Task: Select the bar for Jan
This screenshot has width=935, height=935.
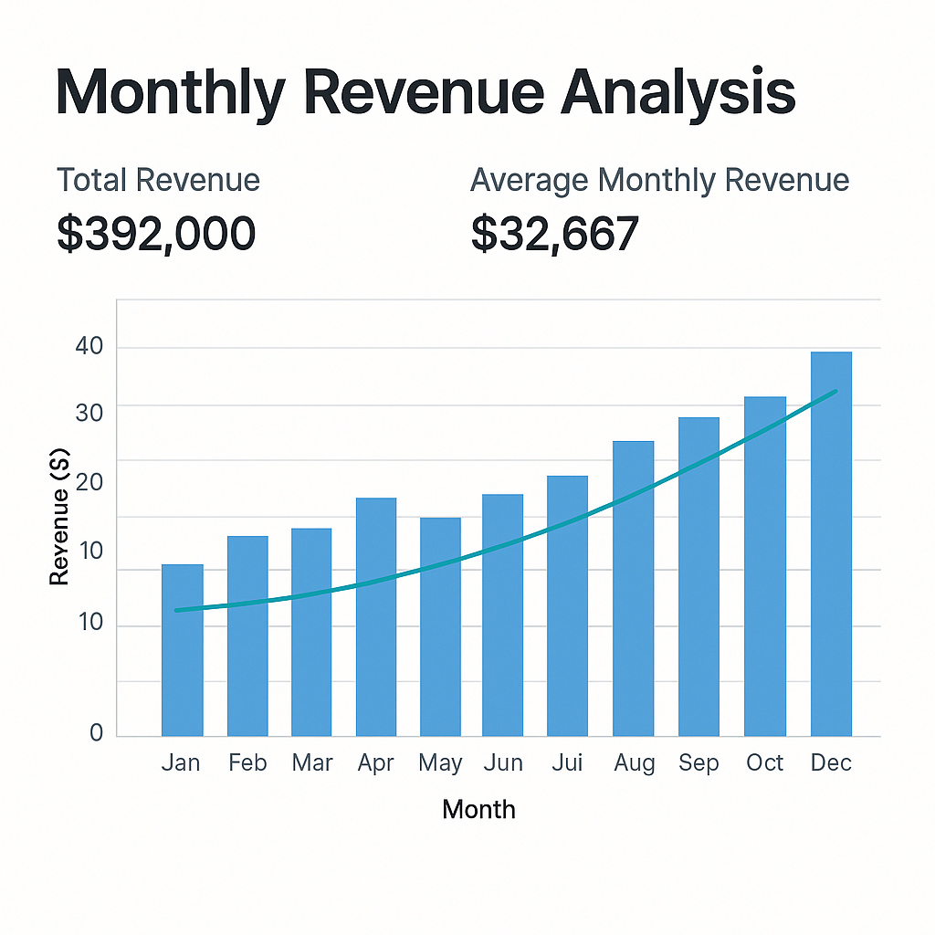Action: pyautogui.click(x=182, y=650)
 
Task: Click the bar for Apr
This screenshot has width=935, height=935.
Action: pyautogui.click(x=376, y=616)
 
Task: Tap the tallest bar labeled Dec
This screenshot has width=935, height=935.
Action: pyautogui.click(x=831, y=544)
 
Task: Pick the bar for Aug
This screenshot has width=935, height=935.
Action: pyautogui.click(x=633, y=589)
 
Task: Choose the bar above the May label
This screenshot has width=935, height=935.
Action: pyautogui.click(x=440, y=626)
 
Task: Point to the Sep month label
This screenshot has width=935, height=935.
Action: pyautogui.click(x=699, y=762)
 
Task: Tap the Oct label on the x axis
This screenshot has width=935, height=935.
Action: pyautogui.click(x=764, y=762)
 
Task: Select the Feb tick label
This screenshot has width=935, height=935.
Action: pyautogui.click(x=247, y=762)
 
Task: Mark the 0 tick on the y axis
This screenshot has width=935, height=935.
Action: pyautogui.click(x=96, y=732)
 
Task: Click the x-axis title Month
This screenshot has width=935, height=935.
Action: pyautogui.click(x=478, y=809)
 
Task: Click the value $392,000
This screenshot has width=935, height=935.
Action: pyautogui.click(x=156, y=234)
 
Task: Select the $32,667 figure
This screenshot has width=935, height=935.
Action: pyautogui.click(x=554, y=234)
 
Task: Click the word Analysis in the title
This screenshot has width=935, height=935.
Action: pyautogui.click(x=678, y=92)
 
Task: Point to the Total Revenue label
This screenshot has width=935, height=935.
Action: pyautogui.click(x=158, y=180)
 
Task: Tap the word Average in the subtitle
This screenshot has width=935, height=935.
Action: pyautogui.click(x=530, y=180)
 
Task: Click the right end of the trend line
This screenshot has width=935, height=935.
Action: pyautogui.click(x=834, y=392)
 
